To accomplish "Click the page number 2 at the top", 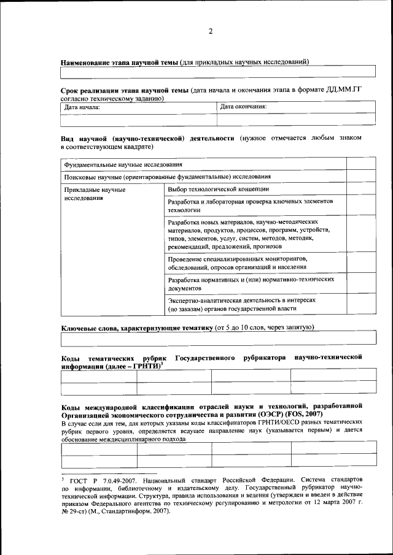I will (210, 32).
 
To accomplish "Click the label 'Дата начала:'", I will (82, 107).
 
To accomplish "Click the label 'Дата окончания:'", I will (243, 106).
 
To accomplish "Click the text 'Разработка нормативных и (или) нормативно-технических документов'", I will (251, 283).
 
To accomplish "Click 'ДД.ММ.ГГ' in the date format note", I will (344, 90).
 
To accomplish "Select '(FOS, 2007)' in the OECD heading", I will (303, 415).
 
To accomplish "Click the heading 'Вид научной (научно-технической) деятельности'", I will (147, 139).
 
